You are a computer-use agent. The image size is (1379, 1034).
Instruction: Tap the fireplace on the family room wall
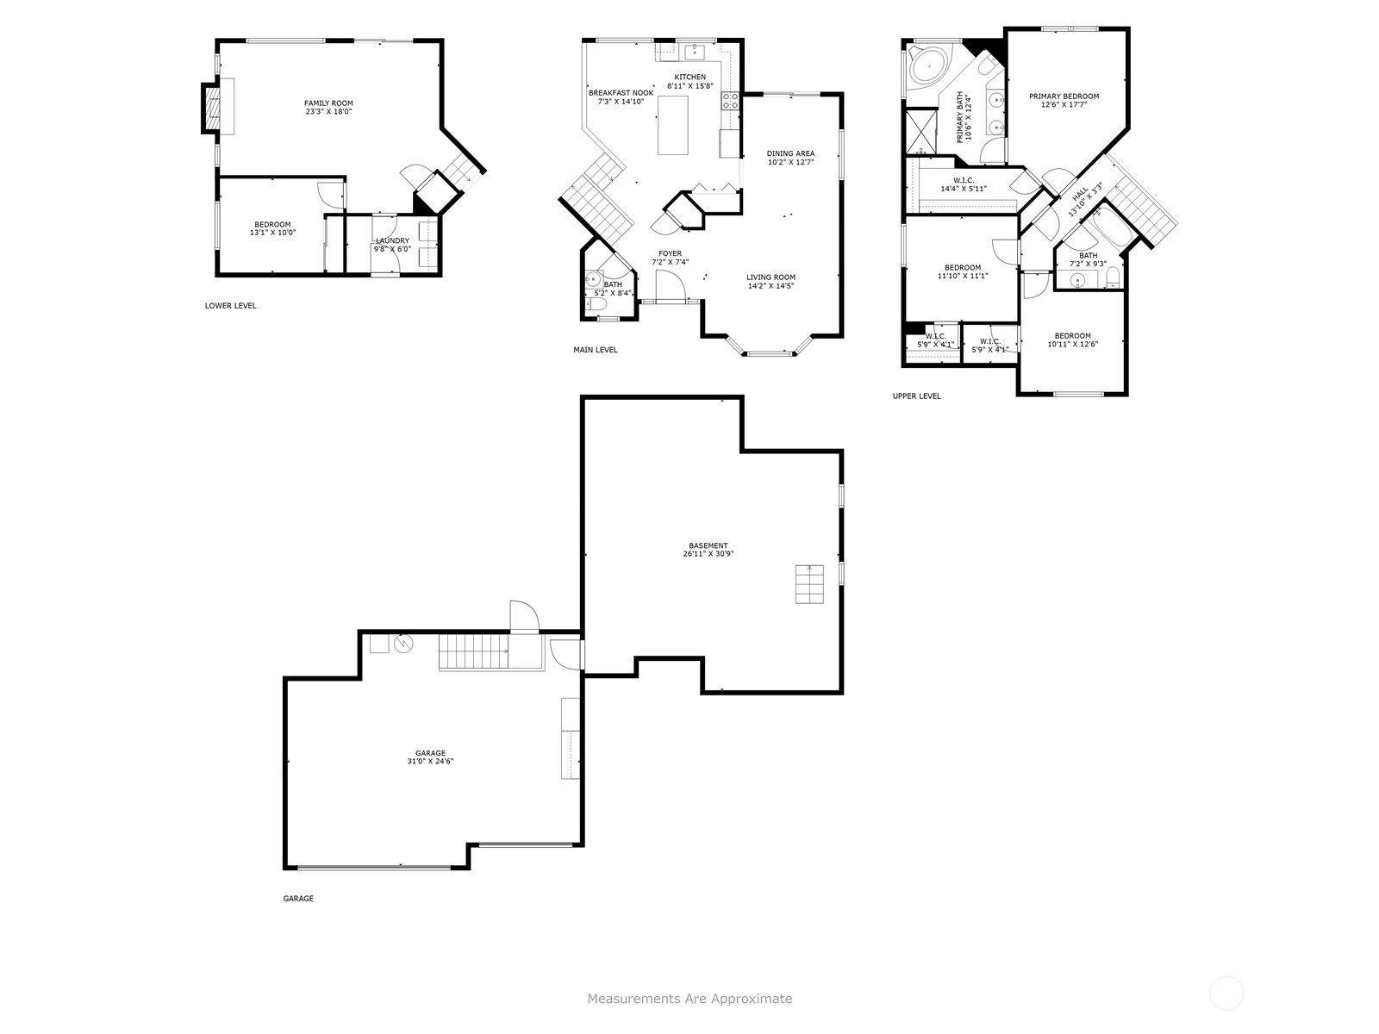[212, 108]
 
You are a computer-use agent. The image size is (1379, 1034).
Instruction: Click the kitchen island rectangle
[672, 125]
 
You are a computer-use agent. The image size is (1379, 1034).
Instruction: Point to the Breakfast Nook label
[621, 93]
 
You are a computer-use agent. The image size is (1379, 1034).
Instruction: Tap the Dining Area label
[790, 153]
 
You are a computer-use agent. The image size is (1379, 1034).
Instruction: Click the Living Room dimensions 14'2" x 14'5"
[771, 286]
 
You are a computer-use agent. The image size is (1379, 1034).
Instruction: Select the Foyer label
[671, 253]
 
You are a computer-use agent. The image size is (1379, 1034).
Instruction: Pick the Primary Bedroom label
[1064, 96]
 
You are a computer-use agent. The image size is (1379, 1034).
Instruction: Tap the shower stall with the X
[920, 131]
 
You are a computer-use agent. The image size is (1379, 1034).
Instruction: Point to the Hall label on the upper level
[1079, 196]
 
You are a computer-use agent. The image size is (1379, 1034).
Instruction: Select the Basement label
[708, 545]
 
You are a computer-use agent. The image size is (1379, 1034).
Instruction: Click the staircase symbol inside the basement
[809, 584]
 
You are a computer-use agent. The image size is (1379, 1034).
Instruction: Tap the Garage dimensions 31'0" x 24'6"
[430, 761]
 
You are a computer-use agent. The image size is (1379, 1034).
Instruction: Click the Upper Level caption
[917, 396]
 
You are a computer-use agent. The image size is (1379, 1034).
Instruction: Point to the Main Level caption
[595, 350]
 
